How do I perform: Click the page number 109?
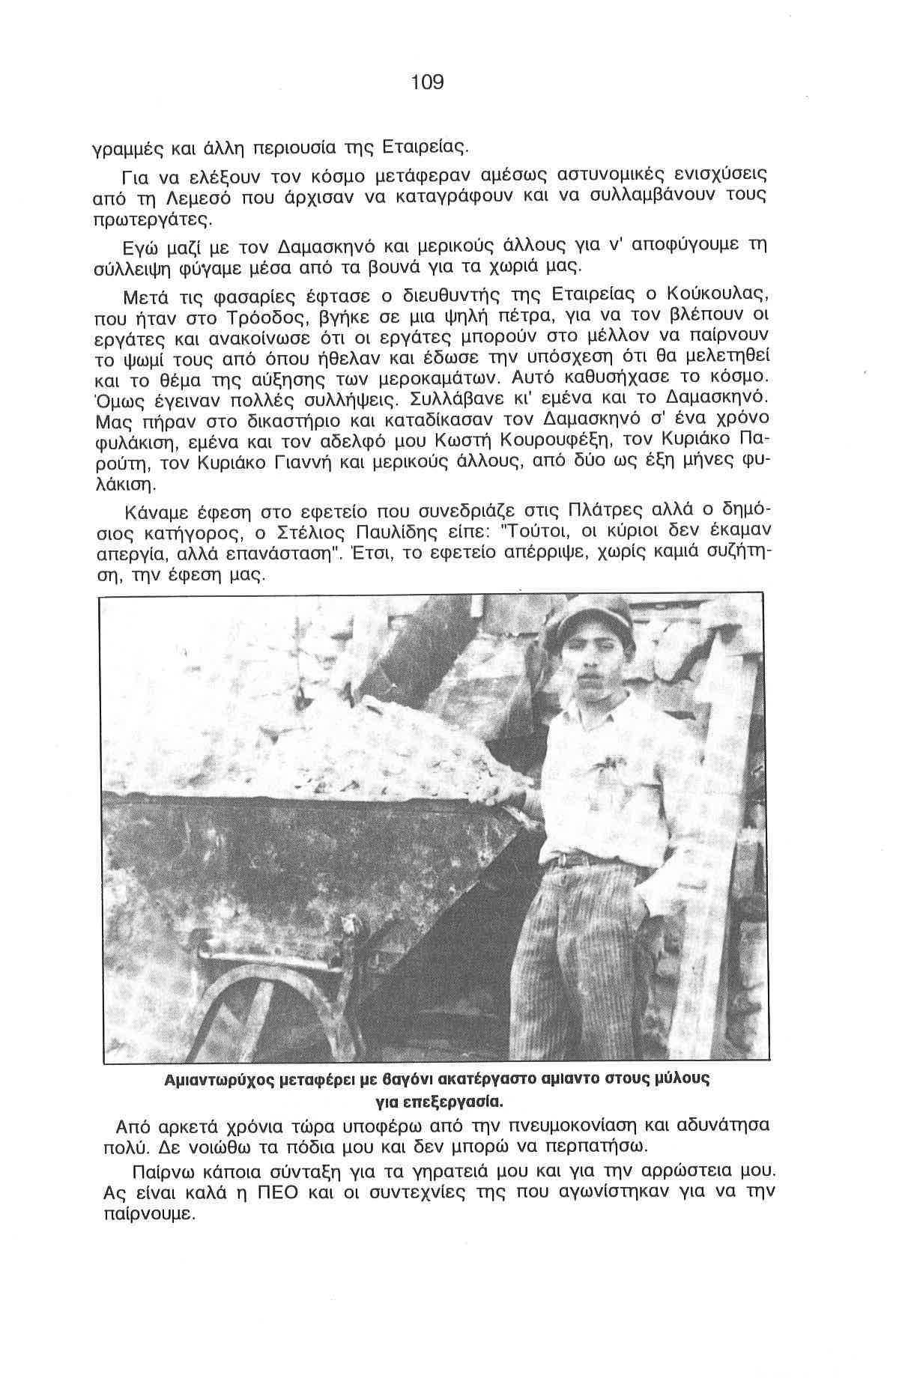[x=428, y=82]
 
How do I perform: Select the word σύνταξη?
[x=298, y=1171]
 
